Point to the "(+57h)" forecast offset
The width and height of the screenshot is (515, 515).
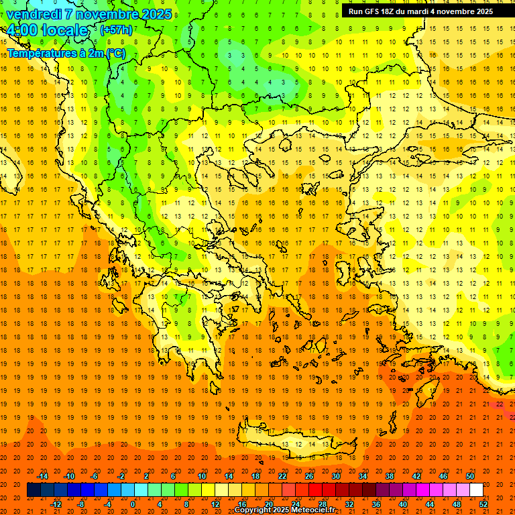click(x=116, y=30)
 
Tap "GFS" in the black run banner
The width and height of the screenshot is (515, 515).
click(x=371, y=11)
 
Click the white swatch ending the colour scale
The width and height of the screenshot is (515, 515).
click(x=476, y=490)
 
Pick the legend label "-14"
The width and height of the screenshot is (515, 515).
click(x=43, y=476)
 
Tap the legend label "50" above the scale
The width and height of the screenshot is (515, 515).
click(x=469, y=476)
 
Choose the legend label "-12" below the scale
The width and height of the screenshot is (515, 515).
click(x=56, y=504)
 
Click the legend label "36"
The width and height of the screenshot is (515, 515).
click(x=376, y=504)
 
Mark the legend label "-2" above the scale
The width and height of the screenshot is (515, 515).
click(x=121, y=476)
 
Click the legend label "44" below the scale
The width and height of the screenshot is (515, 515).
click(x=430, y=504)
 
